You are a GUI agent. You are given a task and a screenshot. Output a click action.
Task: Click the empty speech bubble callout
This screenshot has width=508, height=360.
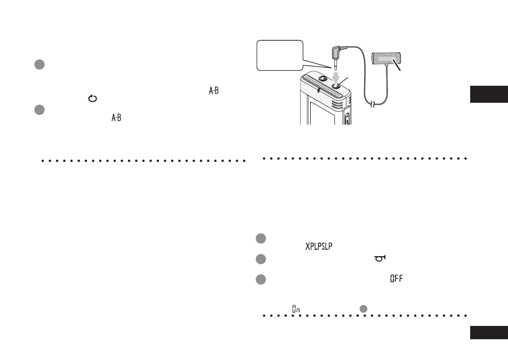coord(280,55)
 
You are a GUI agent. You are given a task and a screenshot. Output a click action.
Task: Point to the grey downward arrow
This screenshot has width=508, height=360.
coord(336,78)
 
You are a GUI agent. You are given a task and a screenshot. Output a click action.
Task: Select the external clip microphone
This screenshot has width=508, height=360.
coord(386,58)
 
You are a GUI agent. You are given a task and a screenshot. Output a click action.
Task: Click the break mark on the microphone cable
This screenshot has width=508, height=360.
coord(373,104)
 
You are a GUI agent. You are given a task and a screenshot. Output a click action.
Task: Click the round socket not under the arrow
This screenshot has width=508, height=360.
coord(322,78)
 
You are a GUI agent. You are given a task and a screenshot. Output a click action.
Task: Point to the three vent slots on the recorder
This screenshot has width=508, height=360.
coord(337,104)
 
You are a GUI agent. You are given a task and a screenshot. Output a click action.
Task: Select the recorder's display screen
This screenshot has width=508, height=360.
coord(322,113)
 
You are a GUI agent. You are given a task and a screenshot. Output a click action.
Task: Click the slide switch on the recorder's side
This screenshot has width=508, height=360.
coord(347,118)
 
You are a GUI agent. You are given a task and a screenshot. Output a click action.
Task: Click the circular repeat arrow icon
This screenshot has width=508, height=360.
coord(93,98)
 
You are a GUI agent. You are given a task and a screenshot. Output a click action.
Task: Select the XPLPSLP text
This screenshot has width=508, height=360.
coord(319,247)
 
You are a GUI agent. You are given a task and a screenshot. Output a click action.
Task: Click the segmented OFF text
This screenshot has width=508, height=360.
coord(397,279)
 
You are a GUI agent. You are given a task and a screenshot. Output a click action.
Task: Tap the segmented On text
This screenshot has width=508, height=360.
coord(296,309)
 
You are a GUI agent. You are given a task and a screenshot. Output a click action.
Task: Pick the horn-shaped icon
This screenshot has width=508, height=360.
coord(381,258)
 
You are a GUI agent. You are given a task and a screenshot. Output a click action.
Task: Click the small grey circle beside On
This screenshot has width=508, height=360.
coord(364,309)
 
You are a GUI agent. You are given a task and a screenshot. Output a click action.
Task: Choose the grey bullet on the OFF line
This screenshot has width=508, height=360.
coord(261,280)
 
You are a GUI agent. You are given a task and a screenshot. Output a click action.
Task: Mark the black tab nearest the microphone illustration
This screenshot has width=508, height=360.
coord(489,94)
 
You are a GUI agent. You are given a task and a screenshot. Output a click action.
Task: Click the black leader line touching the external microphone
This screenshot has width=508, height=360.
coord(397,65)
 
